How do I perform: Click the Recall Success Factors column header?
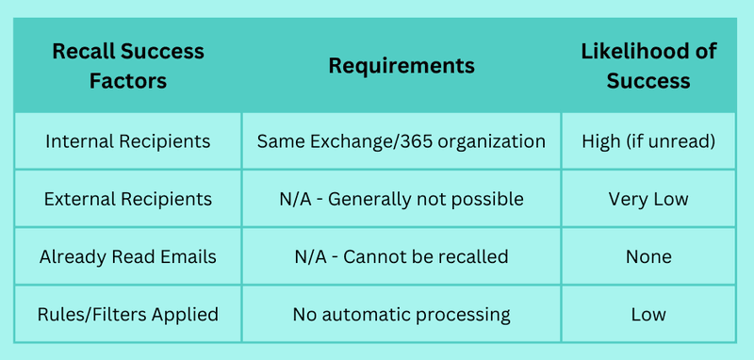(128, 66)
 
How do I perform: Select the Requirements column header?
(402, 66)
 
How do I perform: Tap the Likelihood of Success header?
(648, 66)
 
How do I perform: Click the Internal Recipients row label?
(128, 141)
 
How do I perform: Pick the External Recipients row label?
(128, 199)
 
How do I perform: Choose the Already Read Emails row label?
(128, 256)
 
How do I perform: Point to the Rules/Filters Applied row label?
(128, 315)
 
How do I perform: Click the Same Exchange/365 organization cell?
(402, 141)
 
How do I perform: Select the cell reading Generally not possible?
(402, 199)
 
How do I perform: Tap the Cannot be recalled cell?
(402, 256)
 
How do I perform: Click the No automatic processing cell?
(402, 315)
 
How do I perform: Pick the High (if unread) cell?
(648, 141)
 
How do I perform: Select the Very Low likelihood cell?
(648, 199)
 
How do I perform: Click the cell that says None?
(648, 256)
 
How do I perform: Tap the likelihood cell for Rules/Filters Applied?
(648, 315)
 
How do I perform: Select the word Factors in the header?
(128, 80)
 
